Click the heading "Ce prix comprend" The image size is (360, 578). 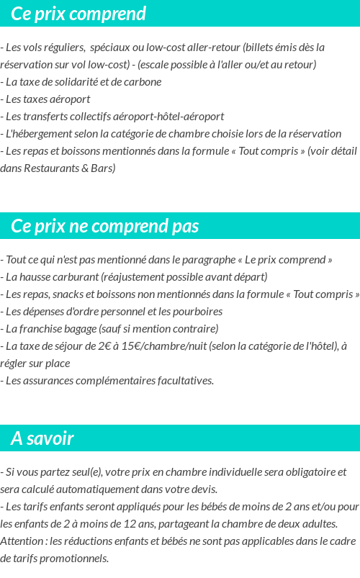(78, 14)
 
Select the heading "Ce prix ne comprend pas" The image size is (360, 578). (105, 226)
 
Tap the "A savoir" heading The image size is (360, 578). (42, 438)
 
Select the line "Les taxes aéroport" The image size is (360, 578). (48, 99)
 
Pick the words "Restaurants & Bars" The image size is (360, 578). (68, 168)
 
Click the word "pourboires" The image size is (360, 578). (197, 312)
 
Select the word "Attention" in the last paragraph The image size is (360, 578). (22, 541)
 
